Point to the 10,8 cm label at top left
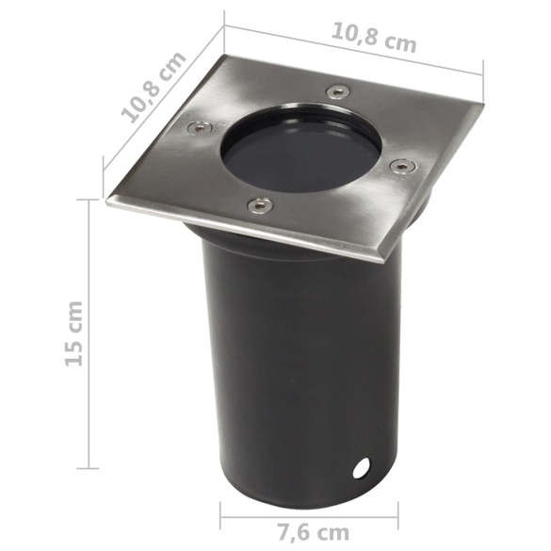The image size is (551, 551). click(x=154, y=88)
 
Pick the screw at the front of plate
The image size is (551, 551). click(x=260, y=204)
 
